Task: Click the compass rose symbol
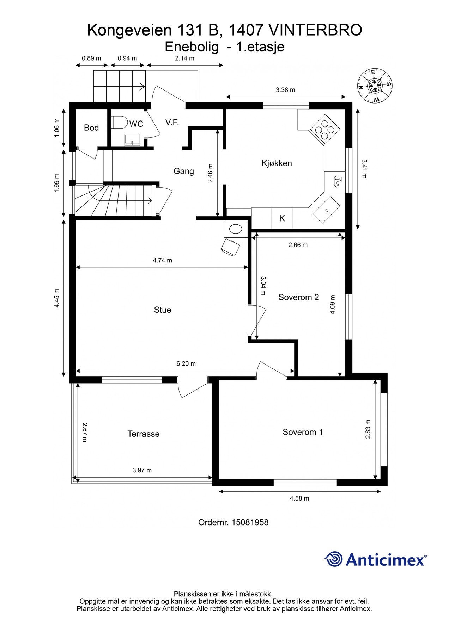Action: click(375, 85)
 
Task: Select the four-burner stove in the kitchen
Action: click(324, 129)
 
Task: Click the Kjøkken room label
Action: click(277, 163)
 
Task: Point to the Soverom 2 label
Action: click(299, 297)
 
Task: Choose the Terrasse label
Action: click(144, 434)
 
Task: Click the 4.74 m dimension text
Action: click(163, 261)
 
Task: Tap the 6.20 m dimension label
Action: click(186, 363)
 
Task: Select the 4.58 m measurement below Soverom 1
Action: click(299, 498)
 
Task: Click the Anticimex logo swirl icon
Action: click(334, 559)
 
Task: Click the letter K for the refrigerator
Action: click(282, 218)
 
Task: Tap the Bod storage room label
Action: click(91, 128)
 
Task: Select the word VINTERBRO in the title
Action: click(315, 30)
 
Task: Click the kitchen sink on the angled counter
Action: click(326, 210)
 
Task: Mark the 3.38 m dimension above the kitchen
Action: click(285, 90)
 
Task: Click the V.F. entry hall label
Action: click(172, 123)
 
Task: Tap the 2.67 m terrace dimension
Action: click(85, 433)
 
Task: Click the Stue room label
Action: click(163, 310)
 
